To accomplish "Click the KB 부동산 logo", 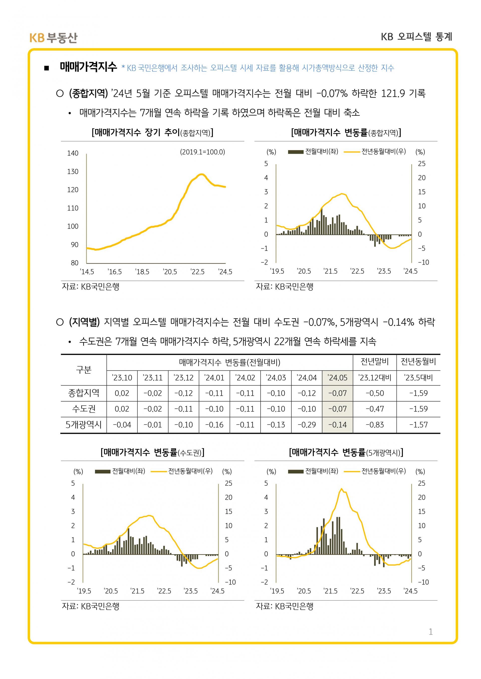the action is pyautogui.click(x=53, y=38).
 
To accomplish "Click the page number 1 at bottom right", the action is pyautogui.click(x=430, y=632).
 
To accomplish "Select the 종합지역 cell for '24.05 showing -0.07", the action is pyautogui.click(x=337, y=393).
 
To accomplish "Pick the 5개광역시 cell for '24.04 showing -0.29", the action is pyautogui.click(x=307, y=425).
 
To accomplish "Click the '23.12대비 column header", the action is pyautogui.click(x=375, y=378).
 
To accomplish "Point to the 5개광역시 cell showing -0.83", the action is pyautogui.click(x=375, y=425).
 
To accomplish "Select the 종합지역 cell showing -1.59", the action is pyautogui.click(x=419, y=393).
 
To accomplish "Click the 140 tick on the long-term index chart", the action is pyautogui.click(x=73, y=153).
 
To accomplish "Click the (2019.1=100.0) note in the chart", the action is pyautogui.click(x=203, y=152).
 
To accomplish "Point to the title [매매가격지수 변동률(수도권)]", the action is pyautogui.click(x=153, y=452).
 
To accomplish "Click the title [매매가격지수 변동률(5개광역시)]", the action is pyautogui.click(x=346, y=452).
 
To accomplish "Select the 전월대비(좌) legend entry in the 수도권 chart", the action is pyautogui.click(x=120, y=471).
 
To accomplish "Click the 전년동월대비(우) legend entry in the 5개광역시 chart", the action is pyautogui.click(x=375, y=471).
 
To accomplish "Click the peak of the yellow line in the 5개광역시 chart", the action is pyautogui.click(x=341, y=488).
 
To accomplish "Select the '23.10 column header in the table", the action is pyautogui.click(x=122, y=378).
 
